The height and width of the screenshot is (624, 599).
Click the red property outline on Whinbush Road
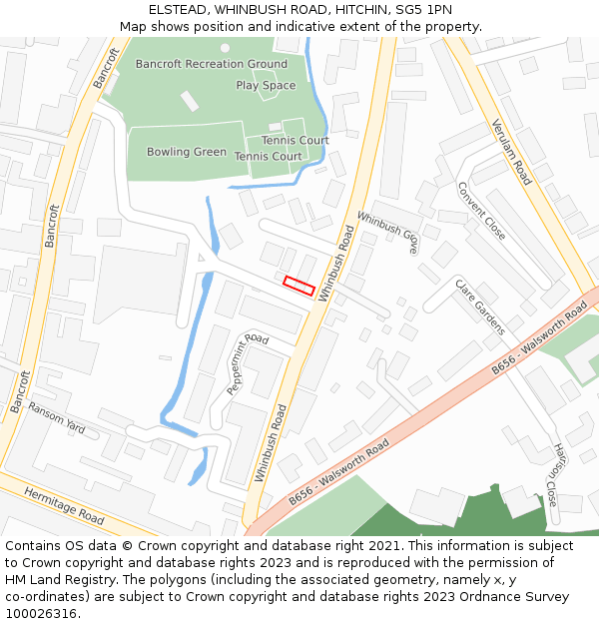tap(299, 286)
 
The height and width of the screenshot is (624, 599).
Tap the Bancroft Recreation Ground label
tap(211, 64)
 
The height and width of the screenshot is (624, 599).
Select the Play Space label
tap(266, 86)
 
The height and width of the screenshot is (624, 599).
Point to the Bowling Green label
tap(187, 152)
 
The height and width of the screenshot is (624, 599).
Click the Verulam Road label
tap(511, 152)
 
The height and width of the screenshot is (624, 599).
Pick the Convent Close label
tap(480, 211)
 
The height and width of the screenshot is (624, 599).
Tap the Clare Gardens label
tap(479, 307)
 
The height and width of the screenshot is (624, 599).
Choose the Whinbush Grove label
tap(387, 233)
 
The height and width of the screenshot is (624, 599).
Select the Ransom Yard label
tap(57, 417)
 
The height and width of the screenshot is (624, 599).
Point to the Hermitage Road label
tap(64, 507)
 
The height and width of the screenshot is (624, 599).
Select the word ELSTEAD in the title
tap(179, 9)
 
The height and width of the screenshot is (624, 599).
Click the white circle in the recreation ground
tap(225, 48)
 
